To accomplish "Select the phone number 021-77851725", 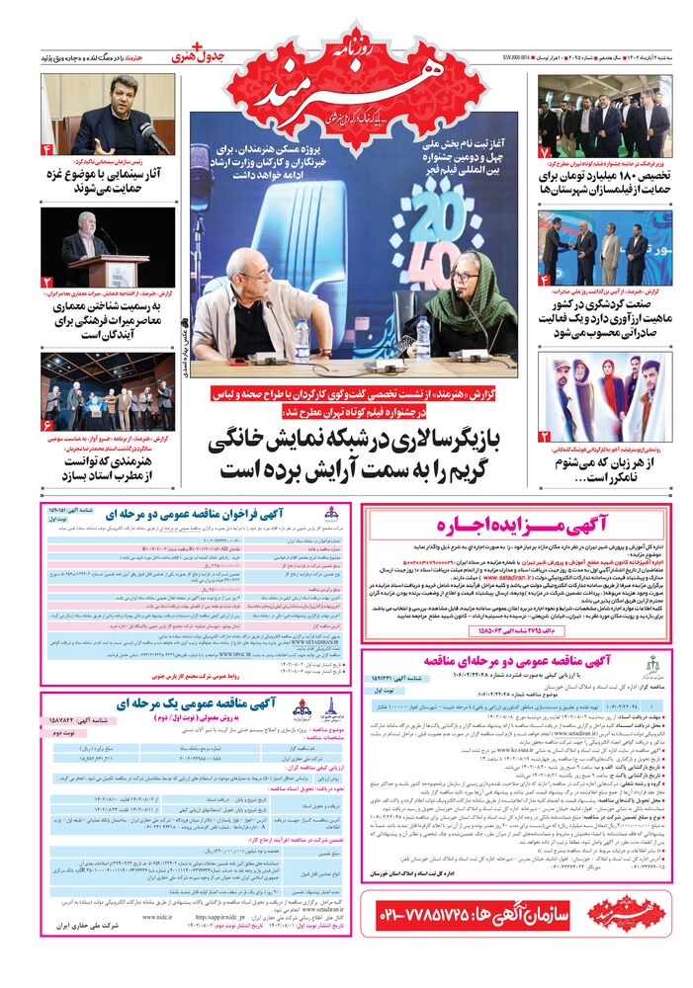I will (445, 914).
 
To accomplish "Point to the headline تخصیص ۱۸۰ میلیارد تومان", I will (604, 182).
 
